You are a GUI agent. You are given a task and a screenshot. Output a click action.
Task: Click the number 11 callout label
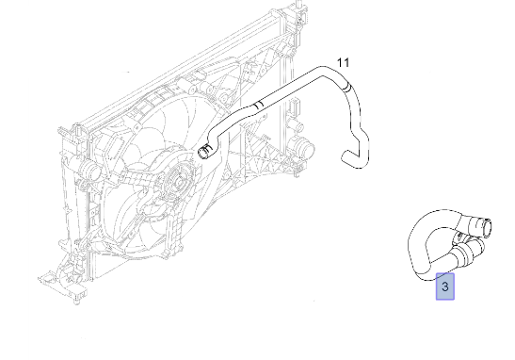(x=343, y=62)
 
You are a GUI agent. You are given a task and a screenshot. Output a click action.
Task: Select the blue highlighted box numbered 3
(x=445, y=286)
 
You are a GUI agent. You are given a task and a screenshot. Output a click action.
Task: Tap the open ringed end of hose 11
(x=205, y=151)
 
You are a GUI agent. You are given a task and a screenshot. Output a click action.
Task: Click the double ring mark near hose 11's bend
(x=346, y=87)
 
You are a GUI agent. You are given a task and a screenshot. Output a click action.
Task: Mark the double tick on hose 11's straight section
(x=259, y=105)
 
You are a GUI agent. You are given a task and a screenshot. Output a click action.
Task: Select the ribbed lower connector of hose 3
(x=464, y=254)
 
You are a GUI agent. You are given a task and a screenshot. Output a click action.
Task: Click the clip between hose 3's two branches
(x=458, y=237)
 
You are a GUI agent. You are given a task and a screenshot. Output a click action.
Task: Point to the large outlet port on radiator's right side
(x=303, y=148)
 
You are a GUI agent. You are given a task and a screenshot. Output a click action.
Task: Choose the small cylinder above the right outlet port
(x=295, y=126)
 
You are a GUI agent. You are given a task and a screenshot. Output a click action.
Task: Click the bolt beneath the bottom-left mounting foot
(x=77, y=301)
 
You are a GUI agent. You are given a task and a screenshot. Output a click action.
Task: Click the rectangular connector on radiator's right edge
(x=294, y=106)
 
